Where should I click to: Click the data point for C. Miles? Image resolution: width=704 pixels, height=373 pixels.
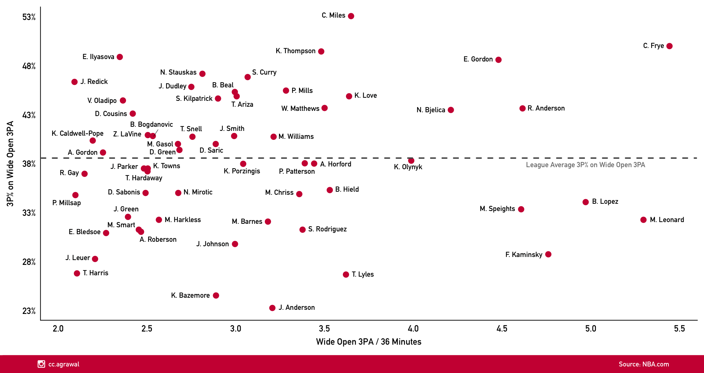point(351,16)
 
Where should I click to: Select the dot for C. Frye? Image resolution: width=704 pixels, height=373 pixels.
point(669,46)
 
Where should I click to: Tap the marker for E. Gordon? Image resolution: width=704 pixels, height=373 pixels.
point(498,60)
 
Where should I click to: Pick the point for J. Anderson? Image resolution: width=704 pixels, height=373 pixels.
point(272,308)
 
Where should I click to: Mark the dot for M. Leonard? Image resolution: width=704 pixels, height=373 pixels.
point(643,220)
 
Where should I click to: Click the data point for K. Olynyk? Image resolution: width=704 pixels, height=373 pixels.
point(411,161)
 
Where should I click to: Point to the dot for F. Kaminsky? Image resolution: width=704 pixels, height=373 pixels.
point(548,254)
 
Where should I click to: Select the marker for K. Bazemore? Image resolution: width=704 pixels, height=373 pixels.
point(216,295)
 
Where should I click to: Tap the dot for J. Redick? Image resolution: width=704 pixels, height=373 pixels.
point(75,82)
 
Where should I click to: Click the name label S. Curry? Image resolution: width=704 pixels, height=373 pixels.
point(264,72)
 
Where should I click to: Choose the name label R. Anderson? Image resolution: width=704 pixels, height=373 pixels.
point(546,108)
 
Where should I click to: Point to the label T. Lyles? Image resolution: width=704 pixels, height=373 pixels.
point(363,274)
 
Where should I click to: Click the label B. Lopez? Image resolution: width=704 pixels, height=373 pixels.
point(605,201)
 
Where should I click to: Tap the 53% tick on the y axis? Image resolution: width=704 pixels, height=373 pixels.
point(29,17)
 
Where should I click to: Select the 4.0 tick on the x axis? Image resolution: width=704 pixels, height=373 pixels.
point(413,328)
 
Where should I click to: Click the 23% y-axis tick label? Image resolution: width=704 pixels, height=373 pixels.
point(29,311)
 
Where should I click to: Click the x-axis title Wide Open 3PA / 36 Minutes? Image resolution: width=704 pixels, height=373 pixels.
point(368,342)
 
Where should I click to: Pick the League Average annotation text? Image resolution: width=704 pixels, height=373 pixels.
point(585,165)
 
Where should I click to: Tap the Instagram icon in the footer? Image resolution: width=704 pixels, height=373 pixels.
point(41,364)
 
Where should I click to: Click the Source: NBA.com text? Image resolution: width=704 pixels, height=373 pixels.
point(644,364)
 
